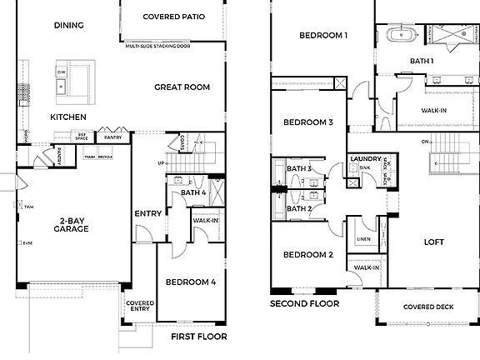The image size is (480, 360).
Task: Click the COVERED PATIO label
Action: tap(174, 17)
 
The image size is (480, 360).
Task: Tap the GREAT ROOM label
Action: tap(182, 87)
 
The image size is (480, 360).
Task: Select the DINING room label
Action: tap(68, 25)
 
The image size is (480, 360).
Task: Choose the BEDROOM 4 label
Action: tap(190, 282)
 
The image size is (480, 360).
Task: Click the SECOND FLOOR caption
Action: tap(304, 304)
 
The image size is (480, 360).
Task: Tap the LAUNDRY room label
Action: tap(365, 158)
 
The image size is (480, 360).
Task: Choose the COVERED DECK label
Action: tap(427, 307)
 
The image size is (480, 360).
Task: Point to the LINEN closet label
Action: tap(364, 238)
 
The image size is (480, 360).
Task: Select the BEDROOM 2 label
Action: tap(307, 255)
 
